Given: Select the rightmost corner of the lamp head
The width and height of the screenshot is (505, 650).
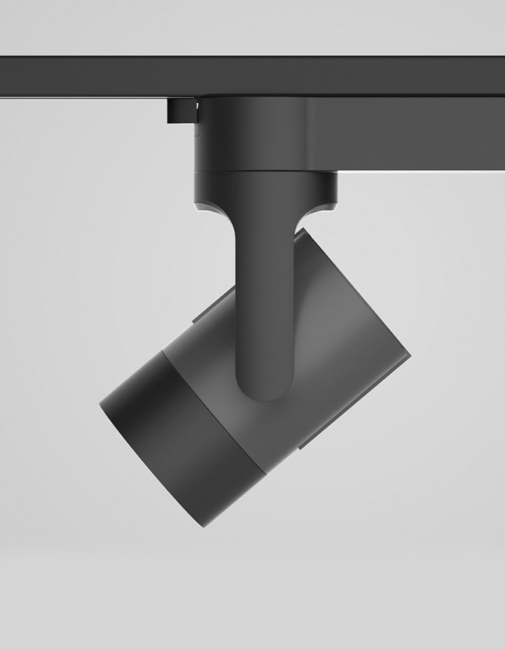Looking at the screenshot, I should pyautogui.click(x=409, y=355).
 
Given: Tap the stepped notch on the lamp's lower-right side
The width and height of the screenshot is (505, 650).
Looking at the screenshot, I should pyautogui.click(x=305, y=444).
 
